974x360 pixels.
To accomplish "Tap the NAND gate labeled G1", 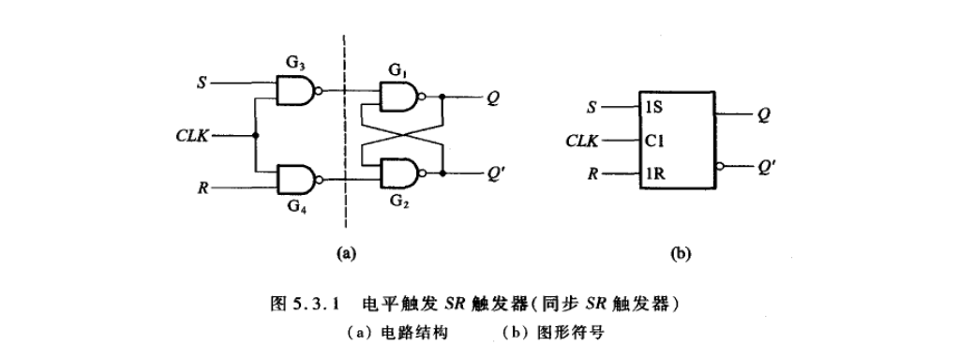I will coord(399,95).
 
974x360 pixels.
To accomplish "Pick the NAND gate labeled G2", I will coord(399,172).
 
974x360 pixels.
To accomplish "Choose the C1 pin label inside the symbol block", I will coord(652,141).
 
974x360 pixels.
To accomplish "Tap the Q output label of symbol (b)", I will coord(764,114).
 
